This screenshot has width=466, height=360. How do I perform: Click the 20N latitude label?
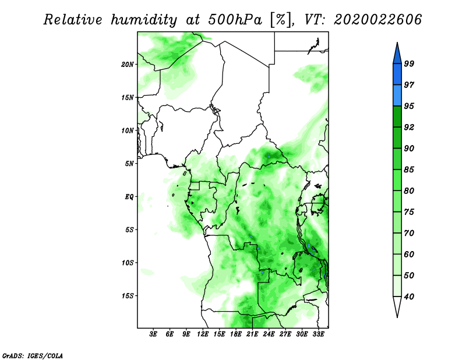point(128,64)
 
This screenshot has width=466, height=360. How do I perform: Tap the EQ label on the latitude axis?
point(129,196)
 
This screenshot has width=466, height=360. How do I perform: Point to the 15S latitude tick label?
point(128,296)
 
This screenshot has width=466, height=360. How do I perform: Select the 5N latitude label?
point(129,164)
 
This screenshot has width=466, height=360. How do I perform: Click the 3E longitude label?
point(153,334)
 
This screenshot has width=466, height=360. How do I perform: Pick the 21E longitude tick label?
point(252,334)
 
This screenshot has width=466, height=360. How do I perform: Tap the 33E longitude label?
point(318,334)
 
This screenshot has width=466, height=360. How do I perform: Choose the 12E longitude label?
point(203,334)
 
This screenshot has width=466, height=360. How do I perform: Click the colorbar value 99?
point(409,63)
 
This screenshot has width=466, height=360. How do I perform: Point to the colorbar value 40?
point(409,297)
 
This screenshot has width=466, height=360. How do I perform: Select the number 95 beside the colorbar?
point(409,106)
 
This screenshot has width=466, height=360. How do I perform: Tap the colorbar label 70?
point(409,233)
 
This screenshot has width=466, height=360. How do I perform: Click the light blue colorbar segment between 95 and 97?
point(397,96)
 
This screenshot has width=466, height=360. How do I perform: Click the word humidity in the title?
point(144,20)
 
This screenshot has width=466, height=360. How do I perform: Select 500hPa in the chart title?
point(235,20)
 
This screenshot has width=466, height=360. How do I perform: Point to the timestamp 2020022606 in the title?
point(377,20)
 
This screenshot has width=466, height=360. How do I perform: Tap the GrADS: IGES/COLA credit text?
point(33,355)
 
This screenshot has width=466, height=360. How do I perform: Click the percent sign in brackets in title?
point(281,20)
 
